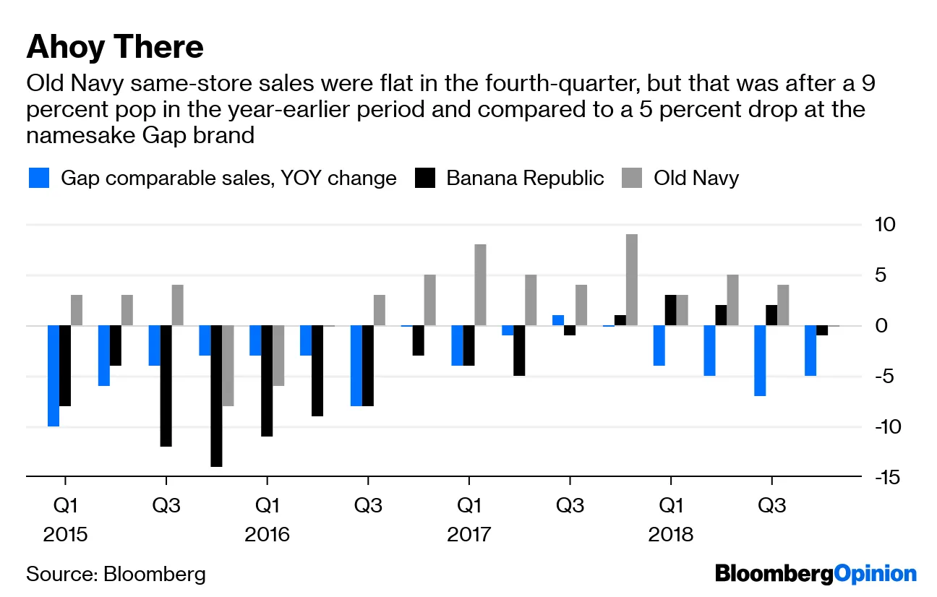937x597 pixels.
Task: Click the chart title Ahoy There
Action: coord(115,48)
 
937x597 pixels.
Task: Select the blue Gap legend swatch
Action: coord(39,179)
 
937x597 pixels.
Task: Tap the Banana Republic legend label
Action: coord(525,179)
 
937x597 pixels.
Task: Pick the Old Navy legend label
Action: coord(696,179)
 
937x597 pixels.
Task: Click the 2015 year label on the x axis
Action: coord(65,536)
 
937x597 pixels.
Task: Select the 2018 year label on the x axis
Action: coord(671,536)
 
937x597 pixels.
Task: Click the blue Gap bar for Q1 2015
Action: coord(54,376)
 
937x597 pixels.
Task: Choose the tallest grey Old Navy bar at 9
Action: coord(632,280)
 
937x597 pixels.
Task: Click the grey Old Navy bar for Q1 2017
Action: coord(481,285)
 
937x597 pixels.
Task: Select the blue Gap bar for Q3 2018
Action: coord(760,361)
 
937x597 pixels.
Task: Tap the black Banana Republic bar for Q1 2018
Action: coord(671,311)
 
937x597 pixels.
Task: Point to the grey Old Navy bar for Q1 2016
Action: coord(279,356)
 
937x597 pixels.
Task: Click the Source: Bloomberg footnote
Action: coord(116,575)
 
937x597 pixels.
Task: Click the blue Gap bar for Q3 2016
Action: coord(356,366)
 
